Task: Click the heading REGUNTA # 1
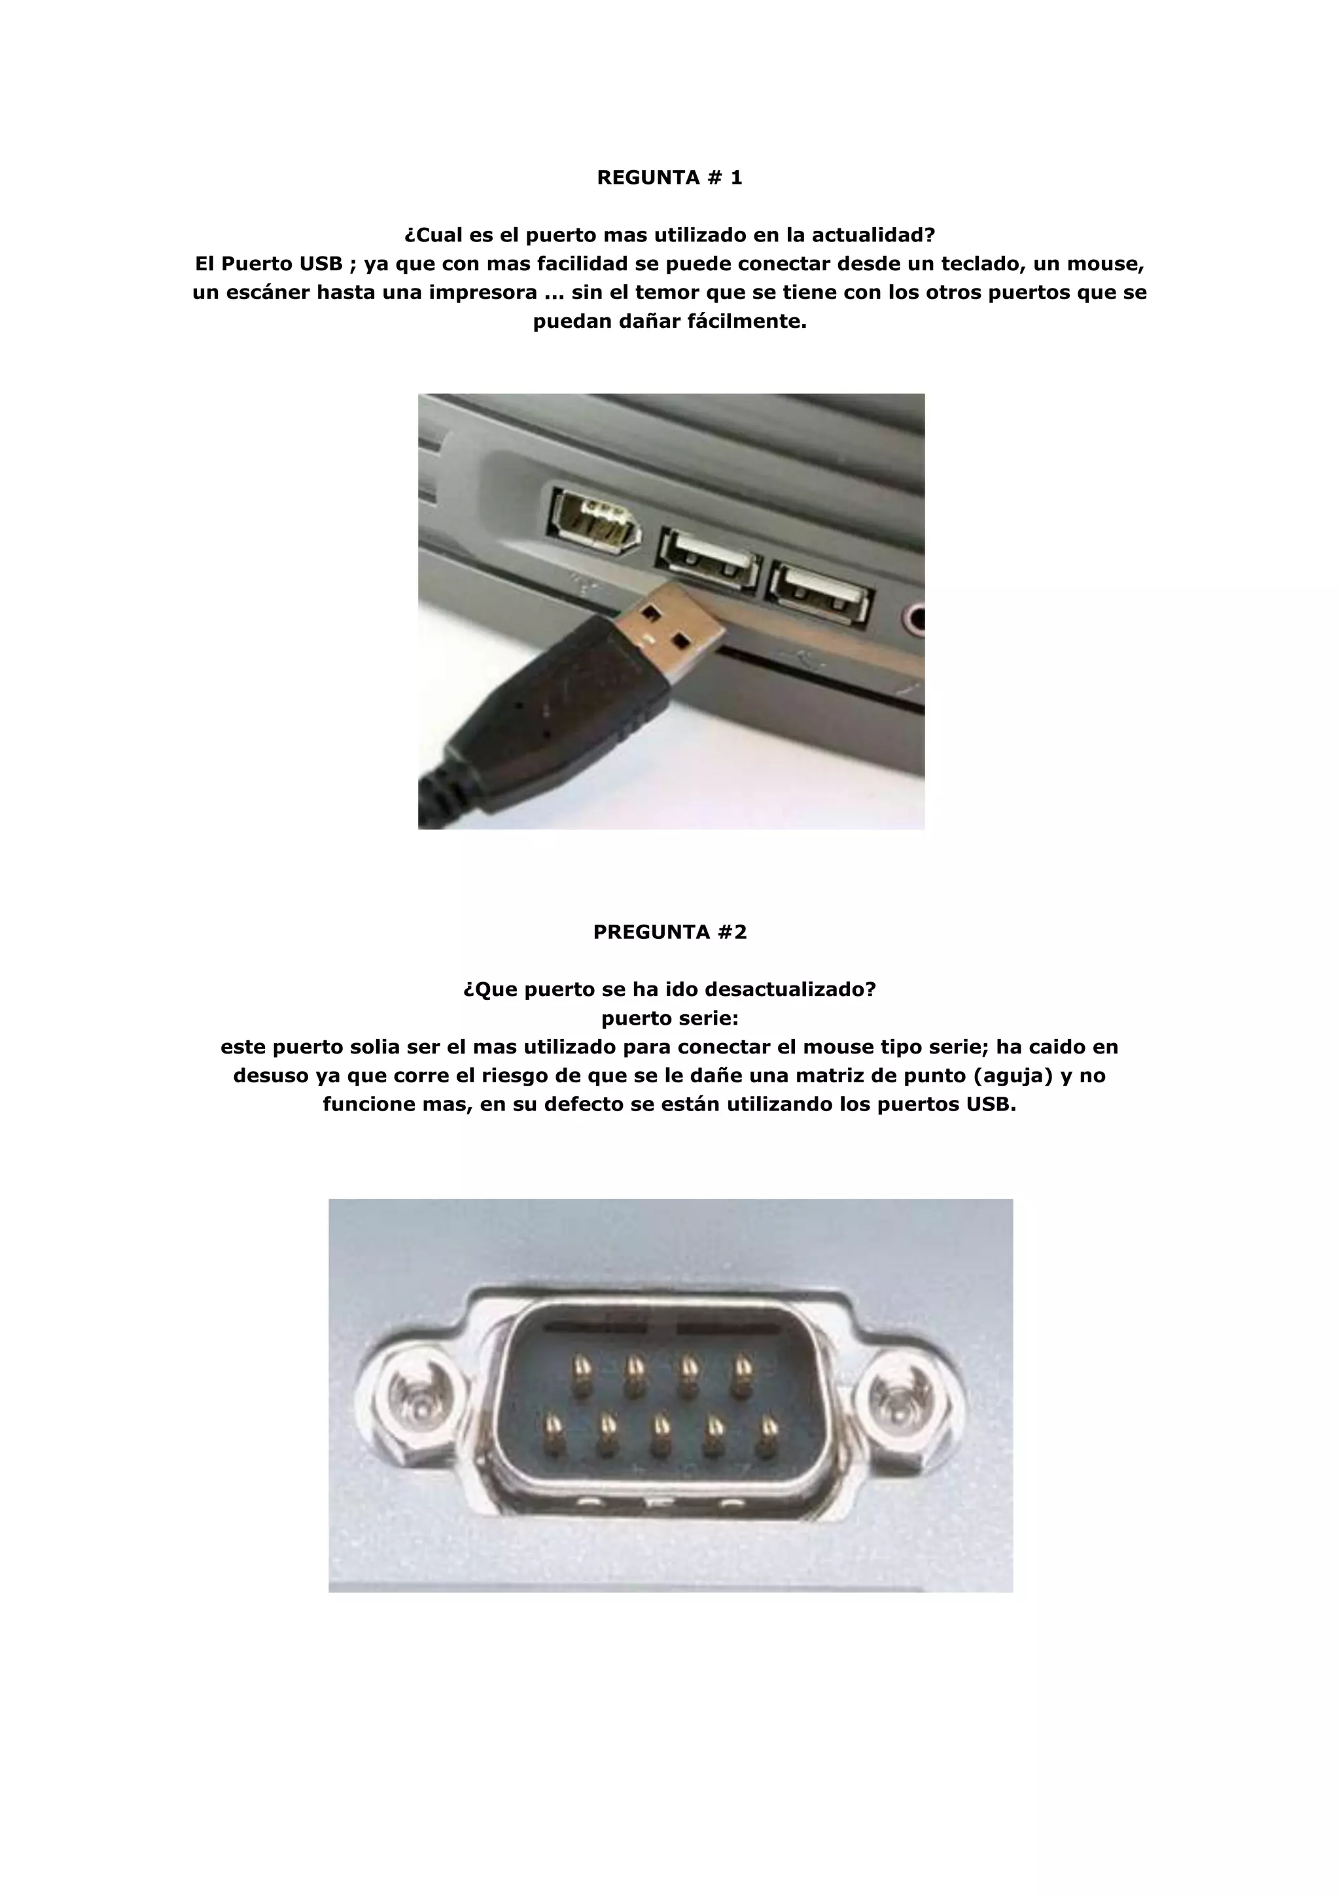(x=669, y=177)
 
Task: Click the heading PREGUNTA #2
(x=669, y=932)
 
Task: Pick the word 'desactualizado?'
(x=790, y=989)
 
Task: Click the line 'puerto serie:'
(x=669, y=1018)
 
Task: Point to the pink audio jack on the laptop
(x=914, y=617)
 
